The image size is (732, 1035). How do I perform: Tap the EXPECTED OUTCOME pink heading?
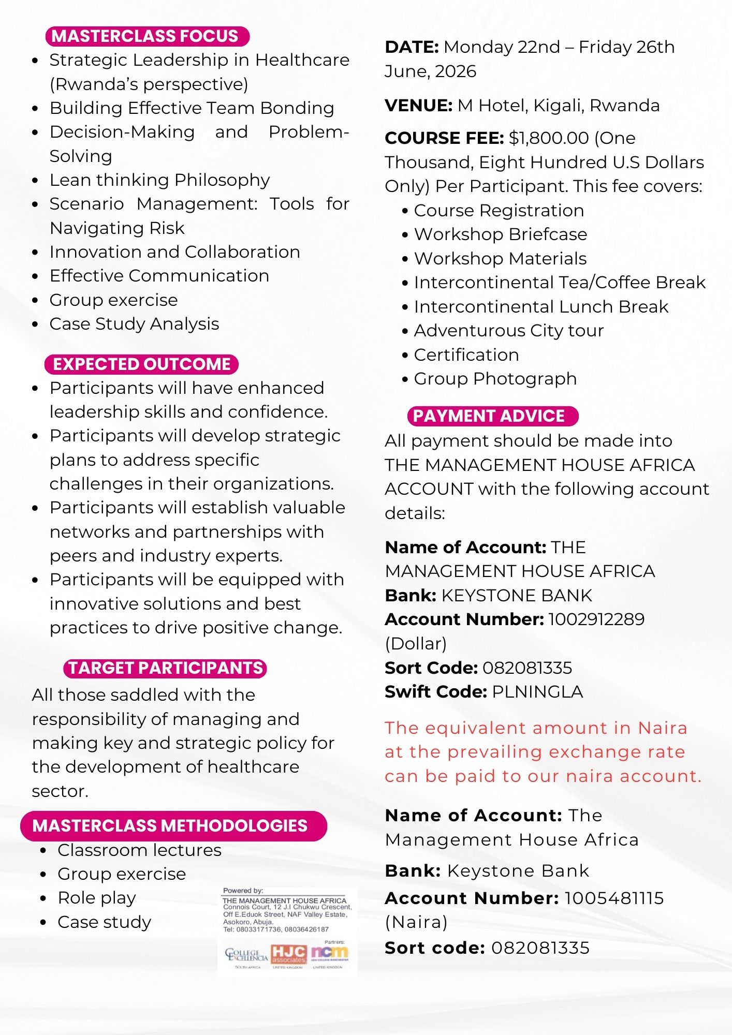pyautogui.click(x=141, y=364)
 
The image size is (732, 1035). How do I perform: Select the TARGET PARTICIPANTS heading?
pyautogui.click(x=165, y=668)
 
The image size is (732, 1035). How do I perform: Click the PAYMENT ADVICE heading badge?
pyautogui.click(x=492, y=416)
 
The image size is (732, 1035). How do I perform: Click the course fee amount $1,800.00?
pyautogui.click(x=549, y=138)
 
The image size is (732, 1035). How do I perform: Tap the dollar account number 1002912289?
pyautogui.click(x=596, y=619)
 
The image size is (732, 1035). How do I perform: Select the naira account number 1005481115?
pyautogui.click(x=614, y=898)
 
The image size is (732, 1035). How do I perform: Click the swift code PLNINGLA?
pyautogui.click(x=537, y=691)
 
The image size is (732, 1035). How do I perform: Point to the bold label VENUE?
pyautogui.click(x=419, y=106)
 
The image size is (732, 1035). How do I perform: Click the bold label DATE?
pyautogui.click(x=412, y=47)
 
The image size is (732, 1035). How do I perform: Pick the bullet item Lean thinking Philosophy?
pyautogui.click(x=159, y=180)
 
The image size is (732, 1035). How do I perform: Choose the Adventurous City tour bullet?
pyautogui.click(x=508, y=330)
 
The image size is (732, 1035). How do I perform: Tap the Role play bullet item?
pyautogui.click(x=97, y=897)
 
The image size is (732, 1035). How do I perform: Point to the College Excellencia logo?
pyautogui.click(x=246, y=955)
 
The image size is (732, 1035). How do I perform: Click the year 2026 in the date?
pyautogui.click(x=455, y=71)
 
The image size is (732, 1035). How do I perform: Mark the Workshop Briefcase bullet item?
pyautogui.click(x=500, y=234)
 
